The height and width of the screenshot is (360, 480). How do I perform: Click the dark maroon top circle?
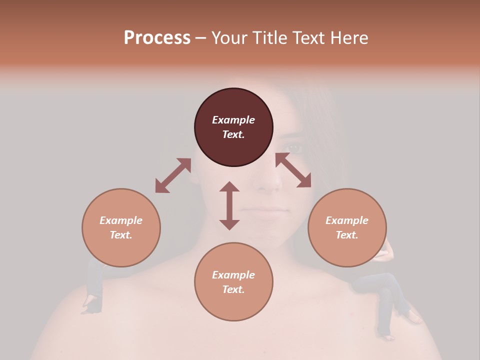tap(233, 127)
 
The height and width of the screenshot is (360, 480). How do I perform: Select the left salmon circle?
tap(121, 227)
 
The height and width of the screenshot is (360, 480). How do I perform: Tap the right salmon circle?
tap(347, 227)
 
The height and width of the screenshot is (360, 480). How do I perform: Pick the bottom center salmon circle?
tap(233, 282)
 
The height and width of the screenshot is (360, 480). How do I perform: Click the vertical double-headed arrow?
tap(229, 205)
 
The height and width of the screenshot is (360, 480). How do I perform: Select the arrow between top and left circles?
tap(173, 175)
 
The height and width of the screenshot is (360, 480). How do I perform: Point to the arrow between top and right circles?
tap(293, 170)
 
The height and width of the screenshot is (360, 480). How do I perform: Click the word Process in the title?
tap(157, 37)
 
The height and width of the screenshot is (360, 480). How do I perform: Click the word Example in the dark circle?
tap(233, 120)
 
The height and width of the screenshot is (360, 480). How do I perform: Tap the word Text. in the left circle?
tap(121, 235)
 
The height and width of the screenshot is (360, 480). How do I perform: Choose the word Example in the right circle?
tap(347, 220)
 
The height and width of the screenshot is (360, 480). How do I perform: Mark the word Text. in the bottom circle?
tap(233, 289)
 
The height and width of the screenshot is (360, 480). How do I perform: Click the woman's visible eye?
tap(294, 148)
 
